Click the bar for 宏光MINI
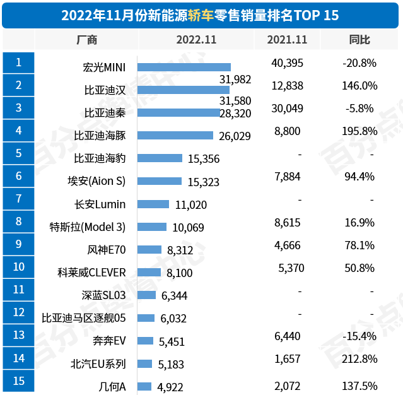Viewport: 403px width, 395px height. coord(184,67)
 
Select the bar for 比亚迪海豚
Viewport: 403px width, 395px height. coord(175,135)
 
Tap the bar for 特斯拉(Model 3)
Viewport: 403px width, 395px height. coord(151,227)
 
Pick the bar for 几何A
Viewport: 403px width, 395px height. coord(144,386)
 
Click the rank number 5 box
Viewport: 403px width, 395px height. coord(18,153)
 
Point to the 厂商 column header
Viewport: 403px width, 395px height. coord(86,39)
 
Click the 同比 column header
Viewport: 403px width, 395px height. coord(359,39)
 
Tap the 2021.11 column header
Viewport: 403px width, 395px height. coord(287,39)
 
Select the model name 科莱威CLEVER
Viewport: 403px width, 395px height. coord(91,273)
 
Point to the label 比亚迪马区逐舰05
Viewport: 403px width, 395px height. coord(84,318)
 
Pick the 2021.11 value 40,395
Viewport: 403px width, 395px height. coord(288,62)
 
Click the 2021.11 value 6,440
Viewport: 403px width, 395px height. coord(288,336)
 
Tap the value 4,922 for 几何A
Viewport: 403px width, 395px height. coord(170,387)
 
